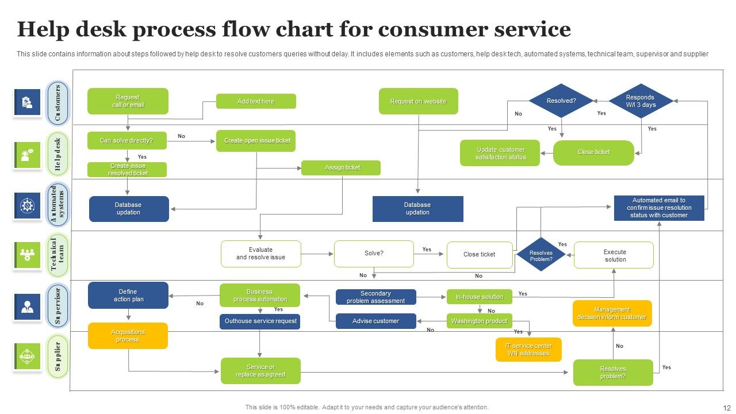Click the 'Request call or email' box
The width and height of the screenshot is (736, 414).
tap(128, 101)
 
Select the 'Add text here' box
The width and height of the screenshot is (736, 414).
tap(256, 101)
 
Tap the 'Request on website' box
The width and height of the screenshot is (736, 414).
tap(418, 101)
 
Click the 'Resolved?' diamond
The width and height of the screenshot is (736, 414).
tap(561, 101)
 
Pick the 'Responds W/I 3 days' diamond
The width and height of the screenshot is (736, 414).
tap(641, 101)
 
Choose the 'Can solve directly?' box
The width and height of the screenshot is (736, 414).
tap(127, 140)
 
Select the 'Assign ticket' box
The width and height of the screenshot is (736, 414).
tap(341, 167)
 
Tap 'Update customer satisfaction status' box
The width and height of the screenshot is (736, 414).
tap(500, 153)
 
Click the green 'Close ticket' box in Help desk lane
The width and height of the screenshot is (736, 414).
tap(593, 152)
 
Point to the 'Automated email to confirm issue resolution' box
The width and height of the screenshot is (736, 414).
tap(659, 208)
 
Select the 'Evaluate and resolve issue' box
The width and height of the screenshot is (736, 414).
tap(260, 254)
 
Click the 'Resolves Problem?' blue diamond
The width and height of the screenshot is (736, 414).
tap(540, 255)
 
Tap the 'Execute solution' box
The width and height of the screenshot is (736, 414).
tap(614, 255)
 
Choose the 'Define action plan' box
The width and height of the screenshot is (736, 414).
tap(128, 295)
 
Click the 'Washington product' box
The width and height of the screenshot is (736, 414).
tap(479, 321)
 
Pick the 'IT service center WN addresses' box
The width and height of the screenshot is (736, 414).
tap(528, 350)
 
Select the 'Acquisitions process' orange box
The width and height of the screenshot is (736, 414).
tap(128, 336)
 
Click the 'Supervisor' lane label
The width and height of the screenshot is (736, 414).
tap(57, 305)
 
